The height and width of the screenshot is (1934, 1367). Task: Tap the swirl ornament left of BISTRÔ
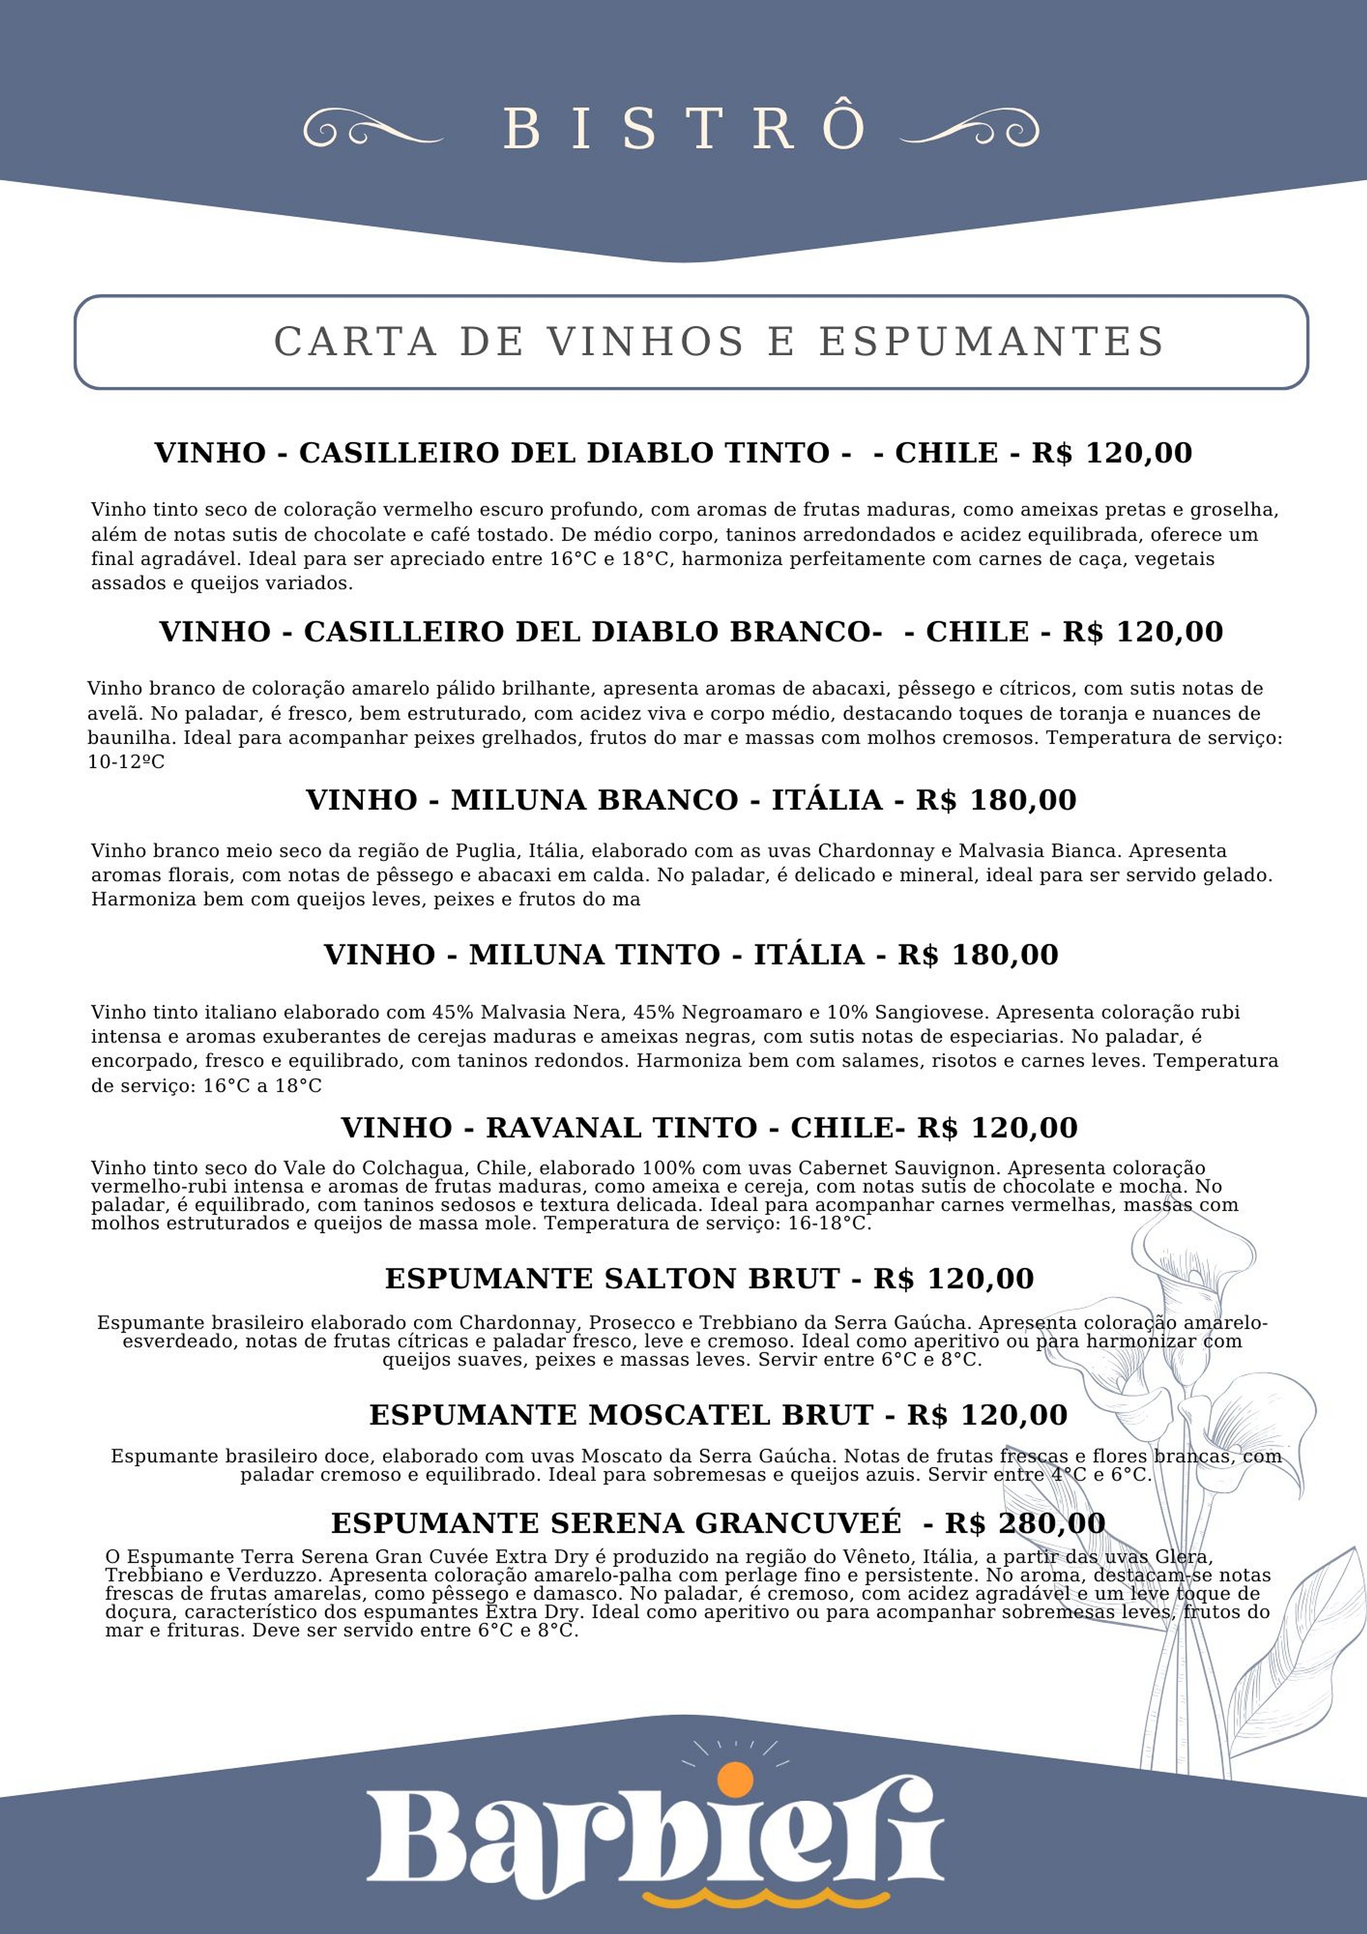point(372,130)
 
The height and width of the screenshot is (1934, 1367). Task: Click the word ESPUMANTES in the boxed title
point(992,341)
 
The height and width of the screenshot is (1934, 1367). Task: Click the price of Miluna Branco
point(996,800)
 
